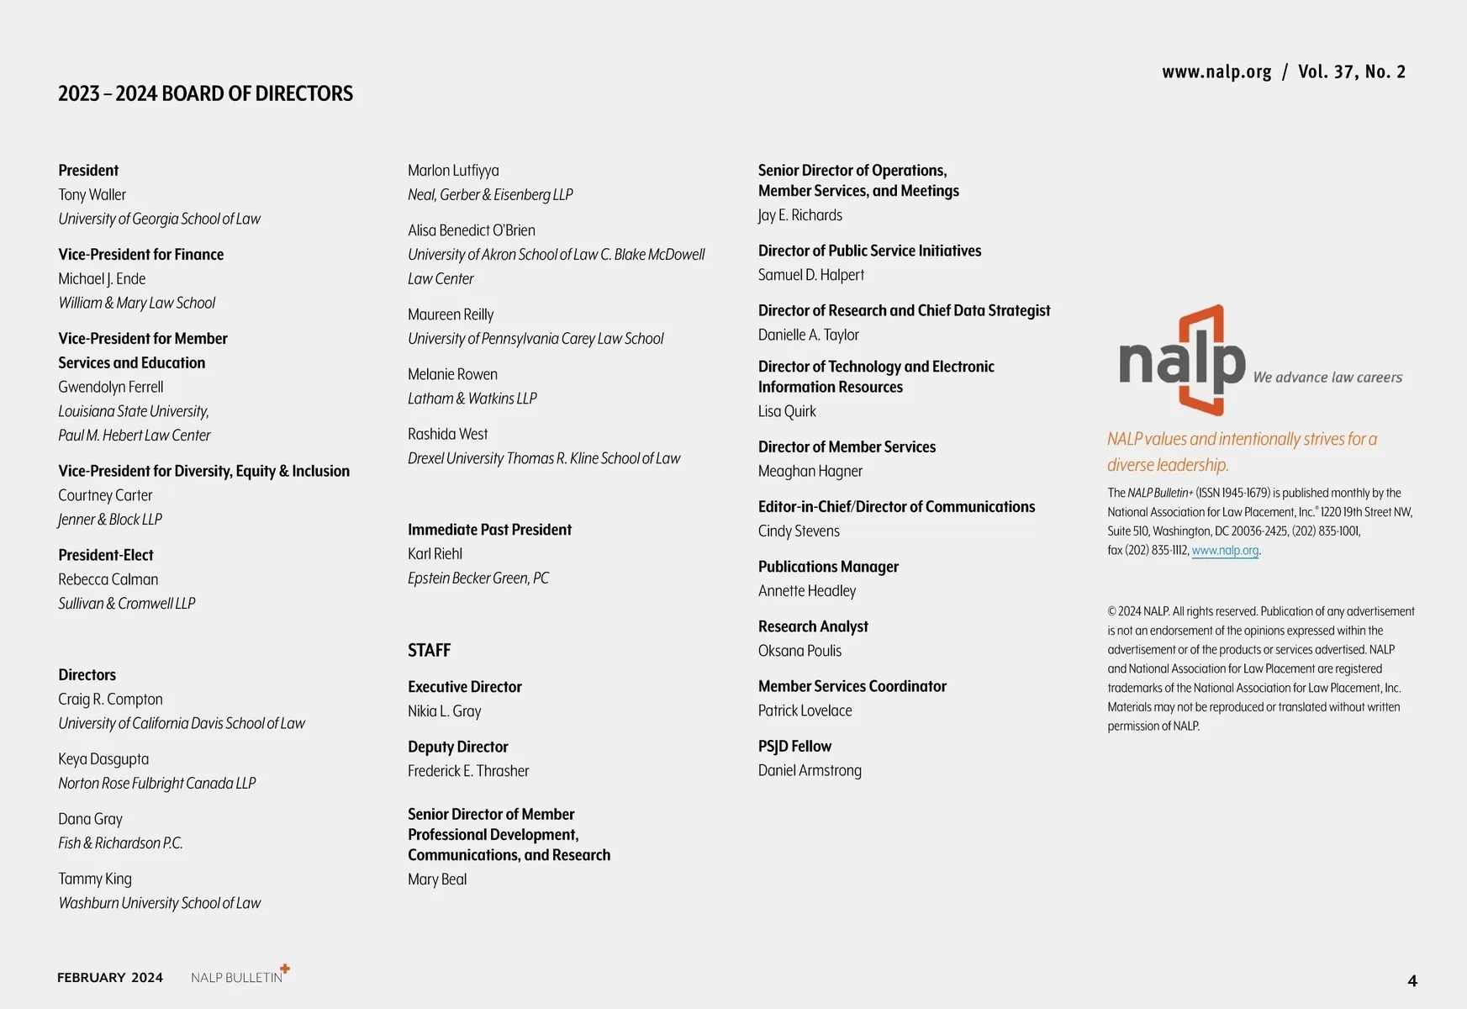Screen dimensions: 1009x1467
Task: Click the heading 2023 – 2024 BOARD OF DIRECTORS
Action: pyautogui.click(x=205, y=93)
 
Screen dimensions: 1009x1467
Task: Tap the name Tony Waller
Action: pyautogui.click(x=92, y=195)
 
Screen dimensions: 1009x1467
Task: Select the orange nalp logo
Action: pyautogui.click(x=1182, y=361)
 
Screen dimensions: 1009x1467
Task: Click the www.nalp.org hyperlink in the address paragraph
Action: pyautogui.click(x=1225, y=551)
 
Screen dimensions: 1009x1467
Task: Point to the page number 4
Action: pyautogui.click(x=1412, y=980)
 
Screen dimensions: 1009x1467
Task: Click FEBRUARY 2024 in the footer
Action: pyautogui.click(x=110, y=977)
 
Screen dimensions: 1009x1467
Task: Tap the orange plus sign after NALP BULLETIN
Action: pyautogui.click(x=285, y=969)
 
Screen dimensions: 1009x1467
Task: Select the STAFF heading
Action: pyautogui.click(x=429, y=651)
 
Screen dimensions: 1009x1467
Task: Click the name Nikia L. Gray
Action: pyautogui.click(x=444, y=711)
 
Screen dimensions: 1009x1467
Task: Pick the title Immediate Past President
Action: pyautogui.click(x=489, y=530)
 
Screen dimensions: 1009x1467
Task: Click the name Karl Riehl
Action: pyautogui.click(x=435, y=554)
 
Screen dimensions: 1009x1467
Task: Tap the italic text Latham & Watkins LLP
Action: pyautogui.click(x=472, y=399)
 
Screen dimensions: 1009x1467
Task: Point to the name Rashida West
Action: pyautogui.click(x=447, y=435)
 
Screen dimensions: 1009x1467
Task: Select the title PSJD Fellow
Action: pyautogui.click(x=794, y=747)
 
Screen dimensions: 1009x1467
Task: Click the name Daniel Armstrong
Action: pyautogui.click(x=810, y=771)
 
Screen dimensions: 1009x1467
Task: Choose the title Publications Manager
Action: pyautogui.click(x=828, y=567)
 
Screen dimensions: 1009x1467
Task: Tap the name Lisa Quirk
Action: pyautogui.click(x=787, y=412)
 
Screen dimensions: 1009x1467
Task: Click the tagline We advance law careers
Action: pyautogui.click(x=1327, y=378)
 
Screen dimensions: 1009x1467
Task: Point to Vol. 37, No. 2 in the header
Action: pyautogui.click(x=1351, y=72)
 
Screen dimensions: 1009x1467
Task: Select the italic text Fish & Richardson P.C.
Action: pyautogui.click(x=120, y=843)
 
